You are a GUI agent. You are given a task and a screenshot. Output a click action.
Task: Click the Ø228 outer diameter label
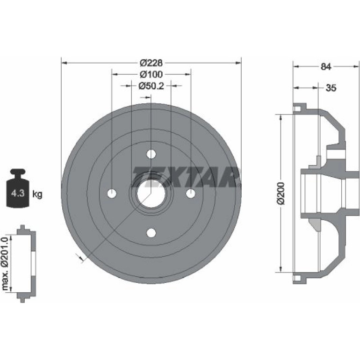(x=151, y=63)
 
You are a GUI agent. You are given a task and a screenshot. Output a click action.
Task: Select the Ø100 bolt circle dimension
(x=151, y=74)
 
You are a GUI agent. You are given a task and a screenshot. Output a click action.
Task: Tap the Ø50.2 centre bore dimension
(x=151, y=86)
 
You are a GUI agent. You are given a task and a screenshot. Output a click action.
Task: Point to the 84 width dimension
(x=326, y=66)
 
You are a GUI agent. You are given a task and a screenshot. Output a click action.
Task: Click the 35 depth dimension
(x=331, y=88)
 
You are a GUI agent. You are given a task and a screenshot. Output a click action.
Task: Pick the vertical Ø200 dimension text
(x=281, y=193)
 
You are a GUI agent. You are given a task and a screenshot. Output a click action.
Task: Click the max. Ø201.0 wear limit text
(x=5, y=264)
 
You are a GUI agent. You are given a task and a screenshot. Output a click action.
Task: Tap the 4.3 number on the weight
(x=18, y=193)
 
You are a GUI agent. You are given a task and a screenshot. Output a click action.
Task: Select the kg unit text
(x=37, y=194)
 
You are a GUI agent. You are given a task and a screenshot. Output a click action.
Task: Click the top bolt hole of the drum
(x=151, y=154)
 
